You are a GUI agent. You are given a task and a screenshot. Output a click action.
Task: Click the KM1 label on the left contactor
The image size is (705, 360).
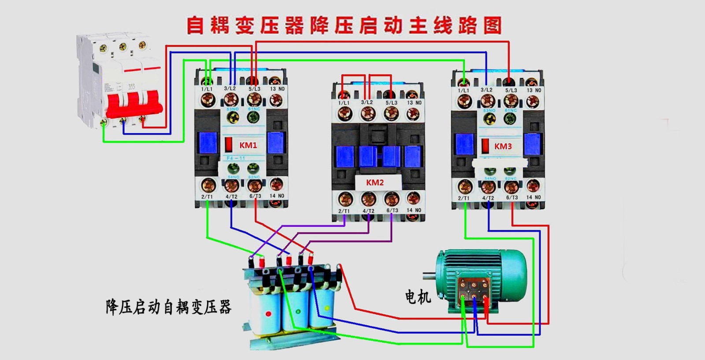(248, 145)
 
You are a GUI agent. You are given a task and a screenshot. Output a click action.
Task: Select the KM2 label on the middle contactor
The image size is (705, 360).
(375, 182)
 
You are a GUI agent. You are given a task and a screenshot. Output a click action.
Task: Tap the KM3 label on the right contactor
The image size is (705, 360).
(503, 146)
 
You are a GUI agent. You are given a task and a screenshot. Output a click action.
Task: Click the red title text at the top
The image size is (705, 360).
(344, 25)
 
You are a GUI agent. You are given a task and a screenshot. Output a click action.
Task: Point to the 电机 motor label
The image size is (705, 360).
(417, 297)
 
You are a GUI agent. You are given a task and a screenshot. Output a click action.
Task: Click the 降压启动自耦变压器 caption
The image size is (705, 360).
(168, 307)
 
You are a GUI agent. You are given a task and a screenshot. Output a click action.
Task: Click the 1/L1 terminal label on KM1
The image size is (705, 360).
(207, 89)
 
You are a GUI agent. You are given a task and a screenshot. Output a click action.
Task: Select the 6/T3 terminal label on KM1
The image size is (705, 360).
(255, 197)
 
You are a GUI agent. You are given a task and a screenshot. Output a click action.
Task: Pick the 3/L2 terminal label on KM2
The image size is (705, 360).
(367, 102)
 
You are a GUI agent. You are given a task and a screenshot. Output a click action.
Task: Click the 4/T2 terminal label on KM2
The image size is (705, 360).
(368, 211)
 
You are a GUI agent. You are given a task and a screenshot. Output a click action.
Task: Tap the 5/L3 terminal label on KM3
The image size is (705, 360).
(511, 90)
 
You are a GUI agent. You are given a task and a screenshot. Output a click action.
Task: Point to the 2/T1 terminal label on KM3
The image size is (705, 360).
(464, 198)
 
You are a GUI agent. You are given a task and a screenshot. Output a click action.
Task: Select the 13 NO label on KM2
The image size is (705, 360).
(414, 103)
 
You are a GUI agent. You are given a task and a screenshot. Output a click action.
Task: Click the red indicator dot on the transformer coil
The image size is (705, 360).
(268, 314)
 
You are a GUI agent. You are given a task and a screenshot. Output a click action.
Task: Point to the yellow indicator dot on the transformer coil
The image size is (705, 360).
(327, 308)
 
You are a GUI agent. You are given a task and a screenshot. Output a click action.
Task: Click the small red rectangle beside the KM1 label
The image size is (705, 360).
(229, 144)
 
